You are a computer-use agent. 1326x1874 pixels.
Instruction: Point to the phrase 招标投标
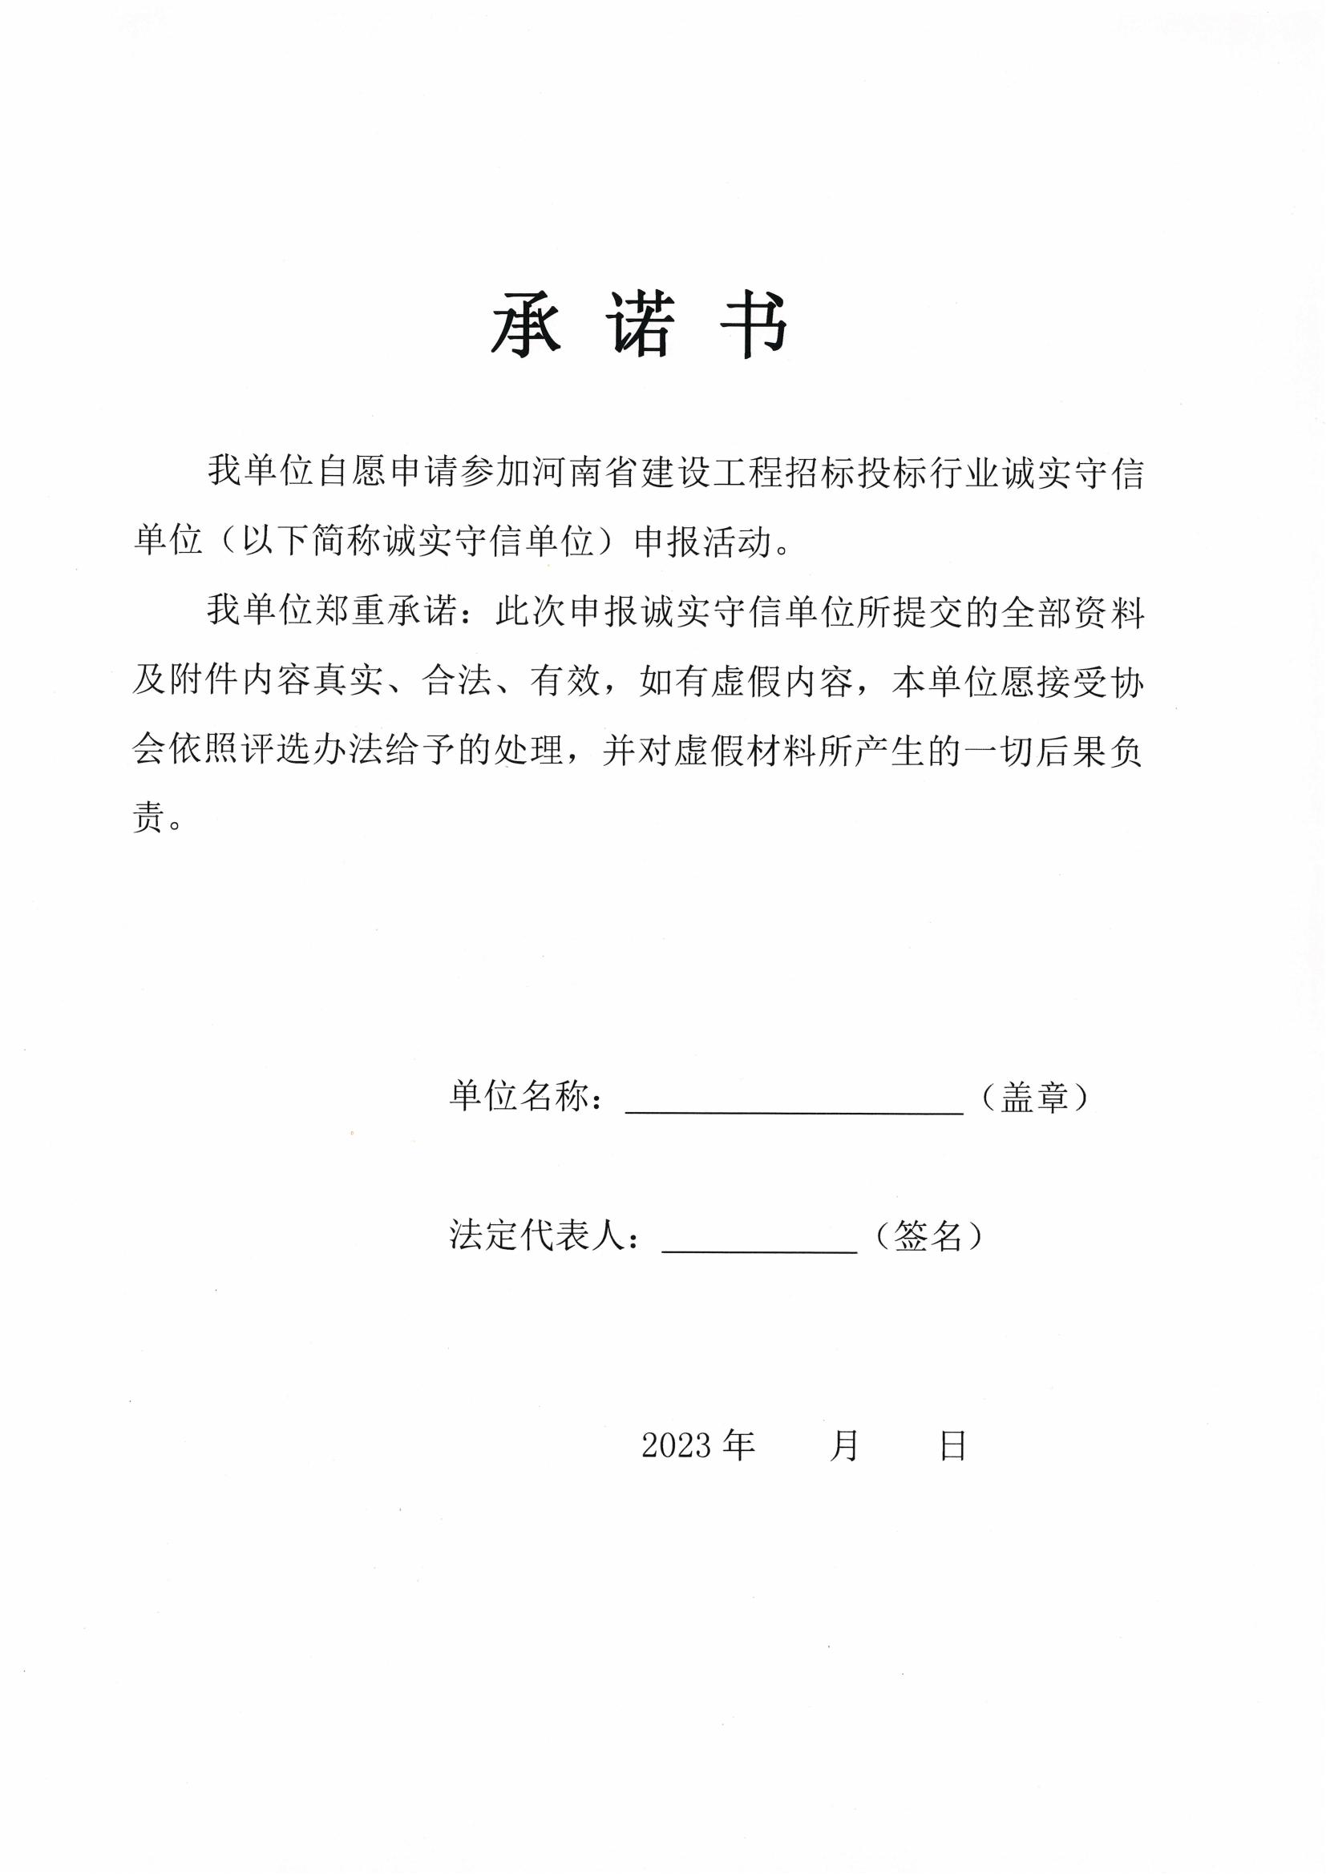pyautogui.click(x=836, y=473)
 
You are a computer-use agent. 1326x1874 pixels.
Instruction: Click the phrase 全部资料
pyautogui.click(x=1072, y=611)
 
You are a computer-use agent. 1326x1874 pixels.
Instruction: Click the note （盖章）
pyautogui.click(x=1035, y=1096)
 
